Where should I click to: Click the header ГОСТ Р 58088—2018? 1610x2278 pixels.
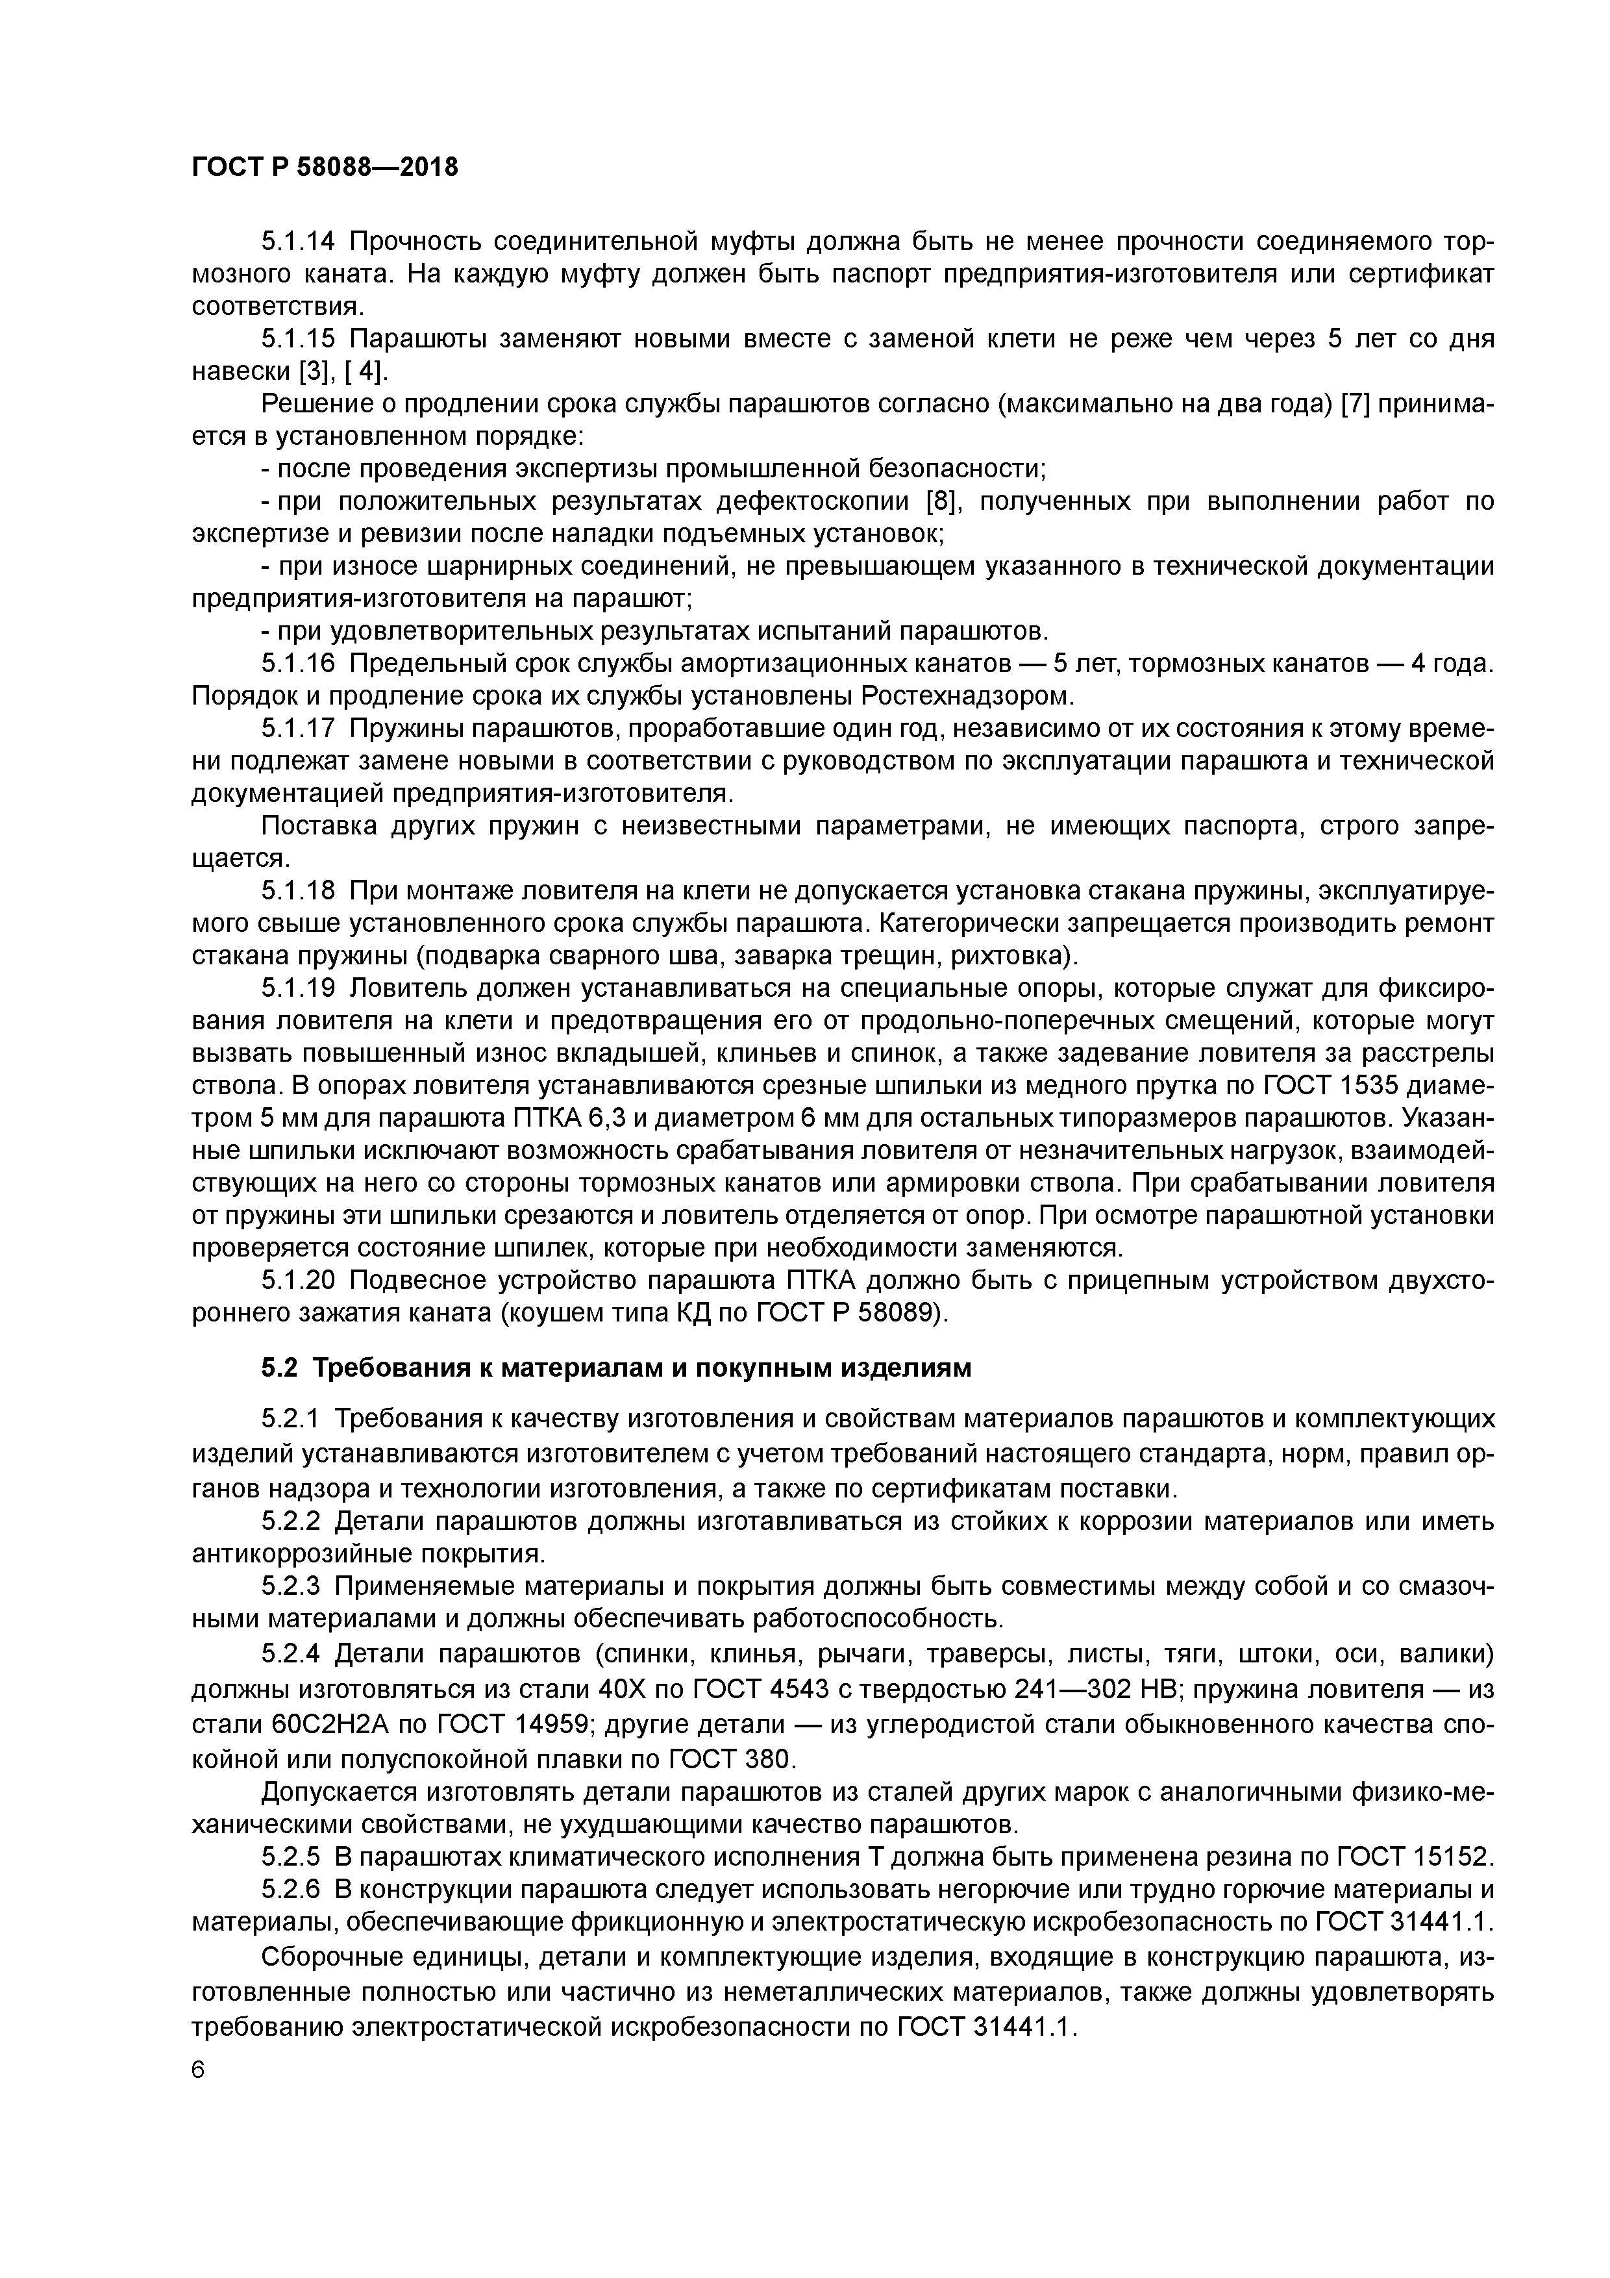click(325, 168)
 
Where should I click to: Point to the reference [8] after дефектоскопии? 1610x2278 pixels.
click(939, 501)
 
